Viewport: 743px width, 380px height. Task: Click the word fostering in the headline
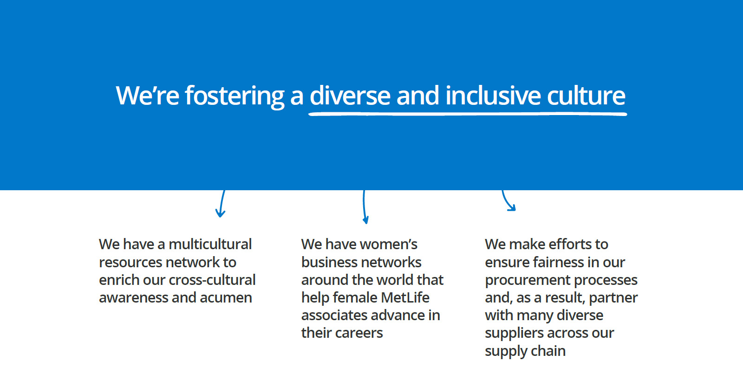235,96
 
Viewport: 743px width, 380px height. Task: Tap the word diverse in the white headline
350,96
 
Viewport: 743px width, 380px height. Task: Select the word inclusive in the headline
493,96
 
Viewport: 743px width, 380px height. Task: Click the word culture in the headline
586,96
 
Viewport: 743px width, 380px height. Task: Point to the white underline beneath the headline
468,114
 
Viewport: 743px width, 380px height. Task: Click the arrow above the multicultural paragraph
221,203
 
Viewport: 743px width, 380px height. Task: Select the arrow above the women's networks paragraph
365,207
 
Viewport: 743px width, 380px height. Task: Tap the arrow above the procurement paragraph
508,201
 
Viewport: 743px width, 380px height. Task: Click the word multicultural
210,244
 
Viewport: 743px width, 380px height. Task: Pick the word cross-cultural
212,280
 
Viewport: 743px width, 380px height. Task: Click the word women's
388,244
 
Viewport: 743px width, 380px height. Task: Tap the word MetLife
405,297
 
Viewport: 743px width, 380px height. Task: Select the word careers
359,333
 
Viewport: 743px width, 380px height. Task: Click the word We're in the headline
147,96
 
